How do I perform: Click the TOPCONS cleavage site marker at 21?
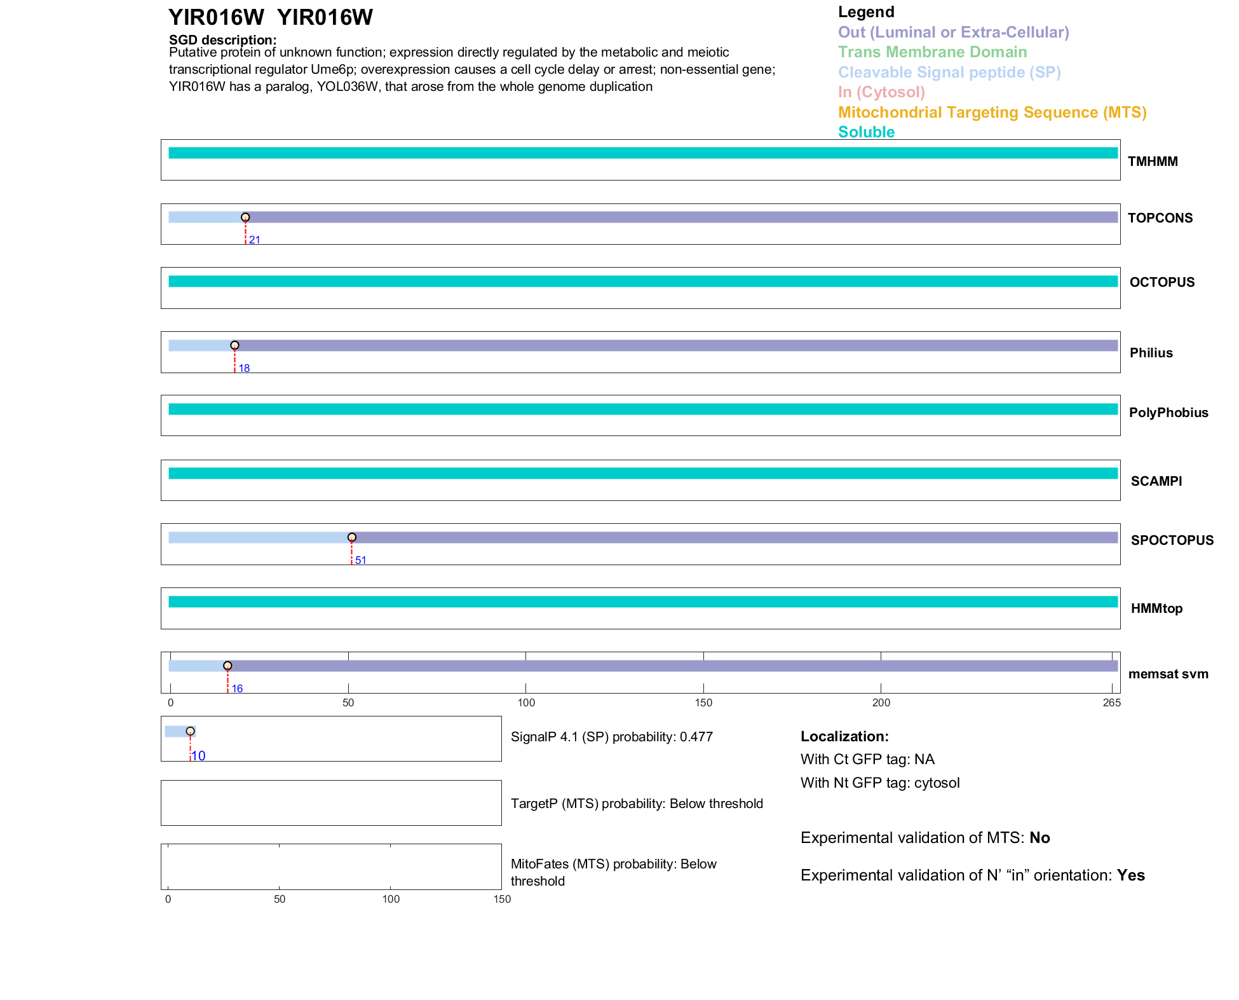tap(245, 217)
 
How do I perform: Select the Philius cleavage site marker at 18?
tap(234, 345)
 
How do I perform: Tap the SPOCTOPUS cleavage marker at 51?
tap(352, 537)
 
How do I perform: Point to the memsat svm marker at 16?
tap(227, 666)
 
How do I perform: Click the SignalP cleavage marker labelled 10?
tap(190, 731)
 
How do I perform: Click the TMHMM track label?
tap(1153, 161)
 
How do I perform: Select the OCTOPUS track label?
tap(1161, 282)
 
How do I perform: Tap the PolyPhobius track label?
tap(1168, 413)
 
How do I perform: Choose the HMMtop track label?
tap(1156, 608)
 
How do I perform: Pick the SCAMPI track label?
tap(1156, 481)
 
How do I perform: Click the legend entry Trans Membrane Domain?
tap(932, 52)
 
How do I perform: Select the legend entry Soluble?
tap(866, 132)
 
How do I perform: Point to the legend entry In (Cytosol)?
tap(881, 92)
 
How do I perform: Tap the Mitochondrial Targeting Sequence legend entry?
tap(992, 113)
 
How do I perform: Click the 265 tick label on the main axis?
tap(1112, 702)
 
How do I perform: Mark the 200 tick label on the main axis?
tap(881, 702)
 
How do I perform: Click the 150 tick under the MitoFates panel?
tap(502, 899)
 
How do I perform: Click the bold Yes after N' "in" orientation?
tap(1131, 875)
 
